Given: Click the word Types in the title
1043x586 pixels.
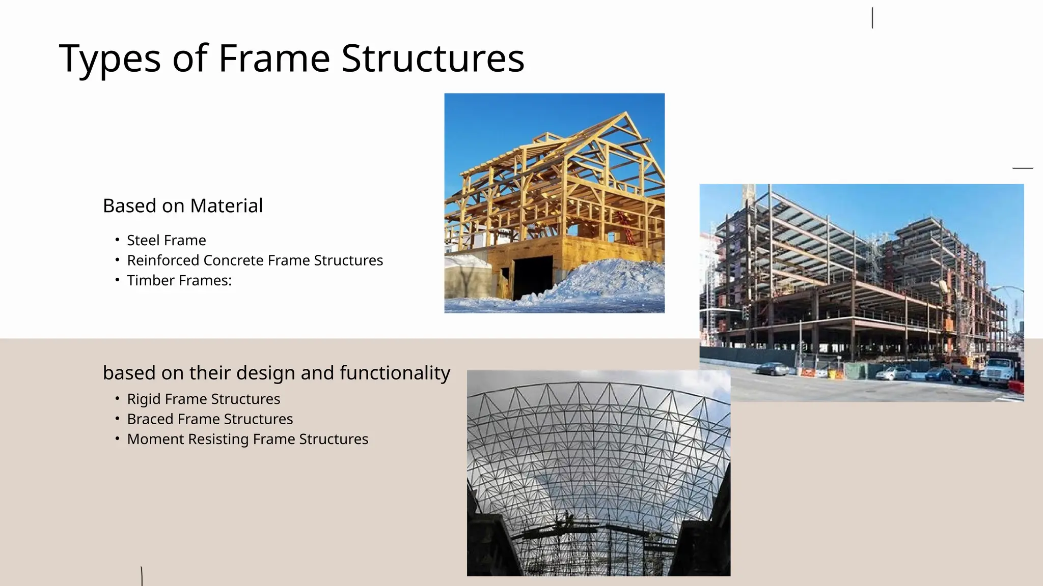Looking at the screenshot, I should (110, 59).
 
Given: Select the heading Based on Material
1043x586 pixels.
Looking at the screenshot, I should (182, 206).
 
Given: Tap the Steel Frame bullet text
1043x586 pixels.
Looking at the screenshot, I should (166, 240).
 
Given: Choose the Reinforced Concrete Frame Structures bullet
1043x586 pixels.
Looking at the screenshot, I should (255, 260).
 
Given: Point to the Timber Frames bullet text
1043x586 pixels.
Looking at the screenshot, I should (179, 280).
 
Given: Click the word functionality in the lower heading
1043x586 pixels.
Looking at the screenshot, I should (395, 373).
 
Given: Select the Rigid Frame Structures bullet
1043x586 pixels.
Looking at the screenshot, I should (203, 399).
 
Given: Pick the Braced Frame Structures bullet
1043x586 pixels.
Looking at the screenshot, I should (210, 419).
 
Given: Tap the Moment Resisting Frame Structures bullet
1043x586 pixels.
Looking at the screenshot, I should (248, 439).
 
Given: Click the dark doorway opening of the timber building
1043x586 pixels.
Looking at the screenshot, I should (532, 277).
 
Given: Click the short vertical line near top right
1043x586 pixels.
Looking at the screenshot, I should (872, 18).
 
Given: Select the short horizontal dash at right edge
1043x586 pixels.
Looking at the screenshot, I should (1022, 167).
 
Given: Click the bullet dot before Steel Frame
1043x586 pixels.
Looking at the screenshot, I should (117, 240).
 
